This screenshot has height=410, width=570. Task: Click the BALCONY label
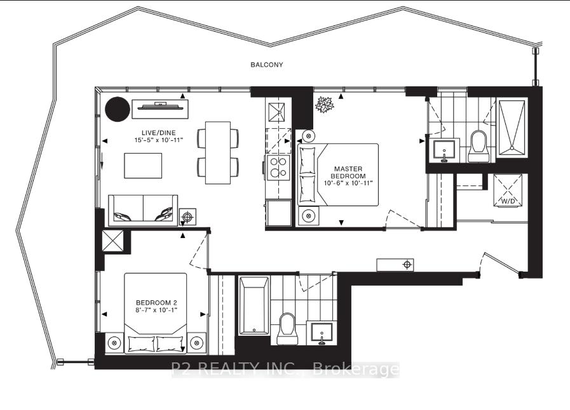click(x=266, y=65)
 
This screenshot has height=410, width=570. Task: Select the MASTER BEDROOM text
click(x=350, y=172)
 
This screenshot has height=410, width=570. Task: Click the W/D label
click(x=506, y=201)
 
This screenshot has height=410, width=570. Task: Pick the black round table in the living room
click(x=117, y=109)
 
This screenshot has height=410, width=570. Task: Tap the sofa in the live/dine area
click(x=143, y=209)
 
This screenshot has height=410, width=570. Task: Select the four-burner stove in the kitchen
click(x=278, y=167)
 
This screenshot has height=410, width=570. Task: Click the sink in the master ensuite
click(x=444, y=150)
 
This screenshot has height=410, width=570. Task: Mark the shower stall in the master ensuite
click(x=512, y=128)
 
